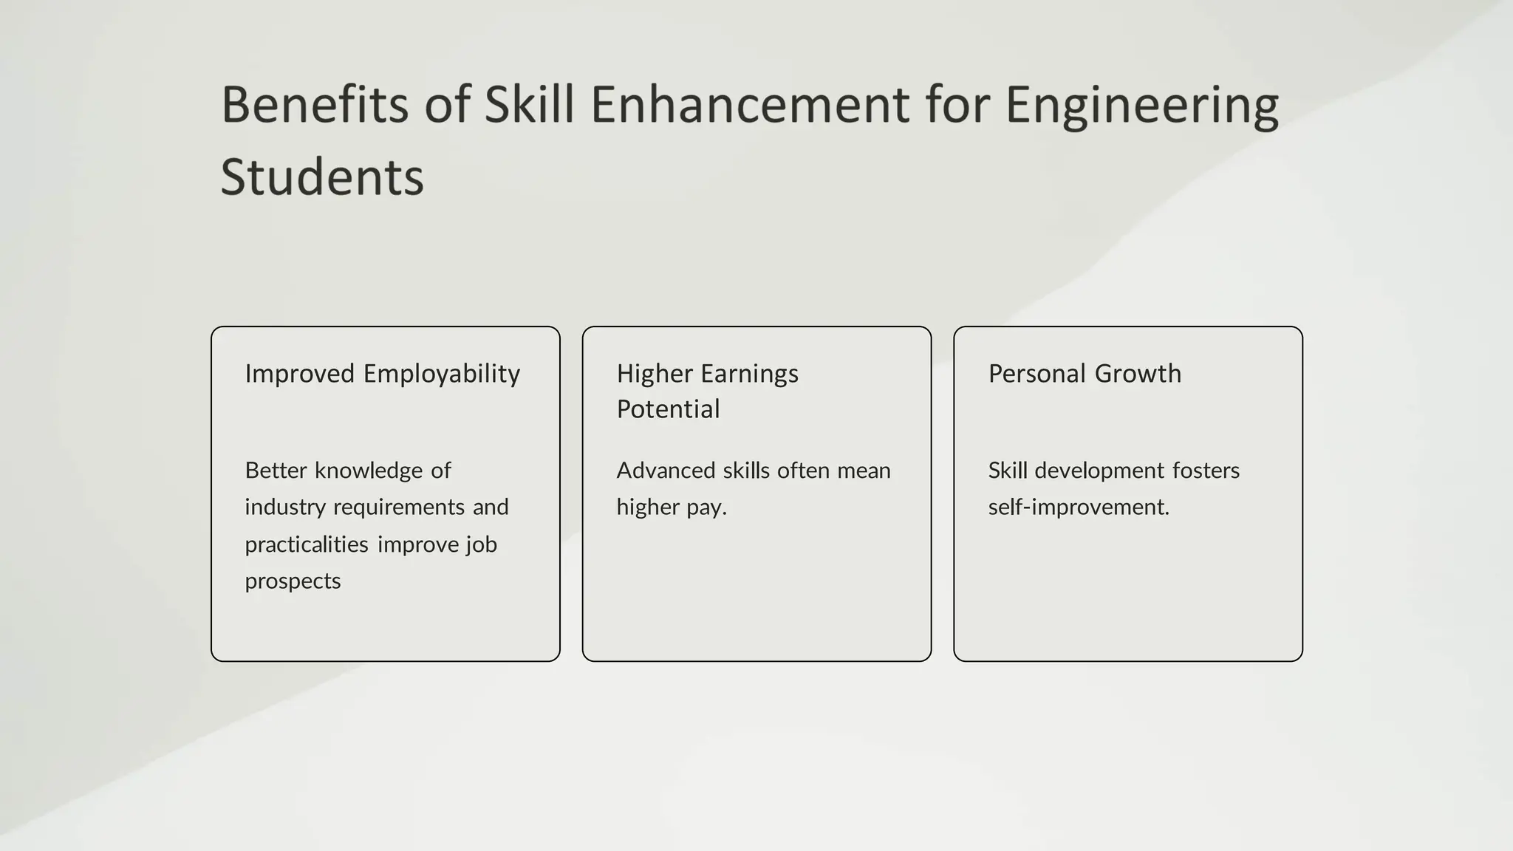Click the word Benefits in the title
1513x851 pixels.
314,104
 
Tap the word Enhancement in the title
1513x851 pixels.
750,104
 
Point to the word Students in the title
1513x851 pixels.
322,177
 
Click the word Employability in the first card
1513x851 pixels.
441,375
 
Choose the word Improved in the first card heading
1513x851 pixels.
300,374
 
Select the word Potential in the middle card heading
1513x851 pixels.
668,409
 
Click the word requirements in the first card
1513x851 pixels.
400,507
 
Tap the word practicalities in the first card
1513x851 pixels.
307,544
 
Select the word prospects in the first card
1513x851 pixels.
293,581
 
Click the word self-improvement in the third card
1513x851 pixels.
1078,507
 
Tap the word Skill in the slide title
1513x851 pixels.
529,104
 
